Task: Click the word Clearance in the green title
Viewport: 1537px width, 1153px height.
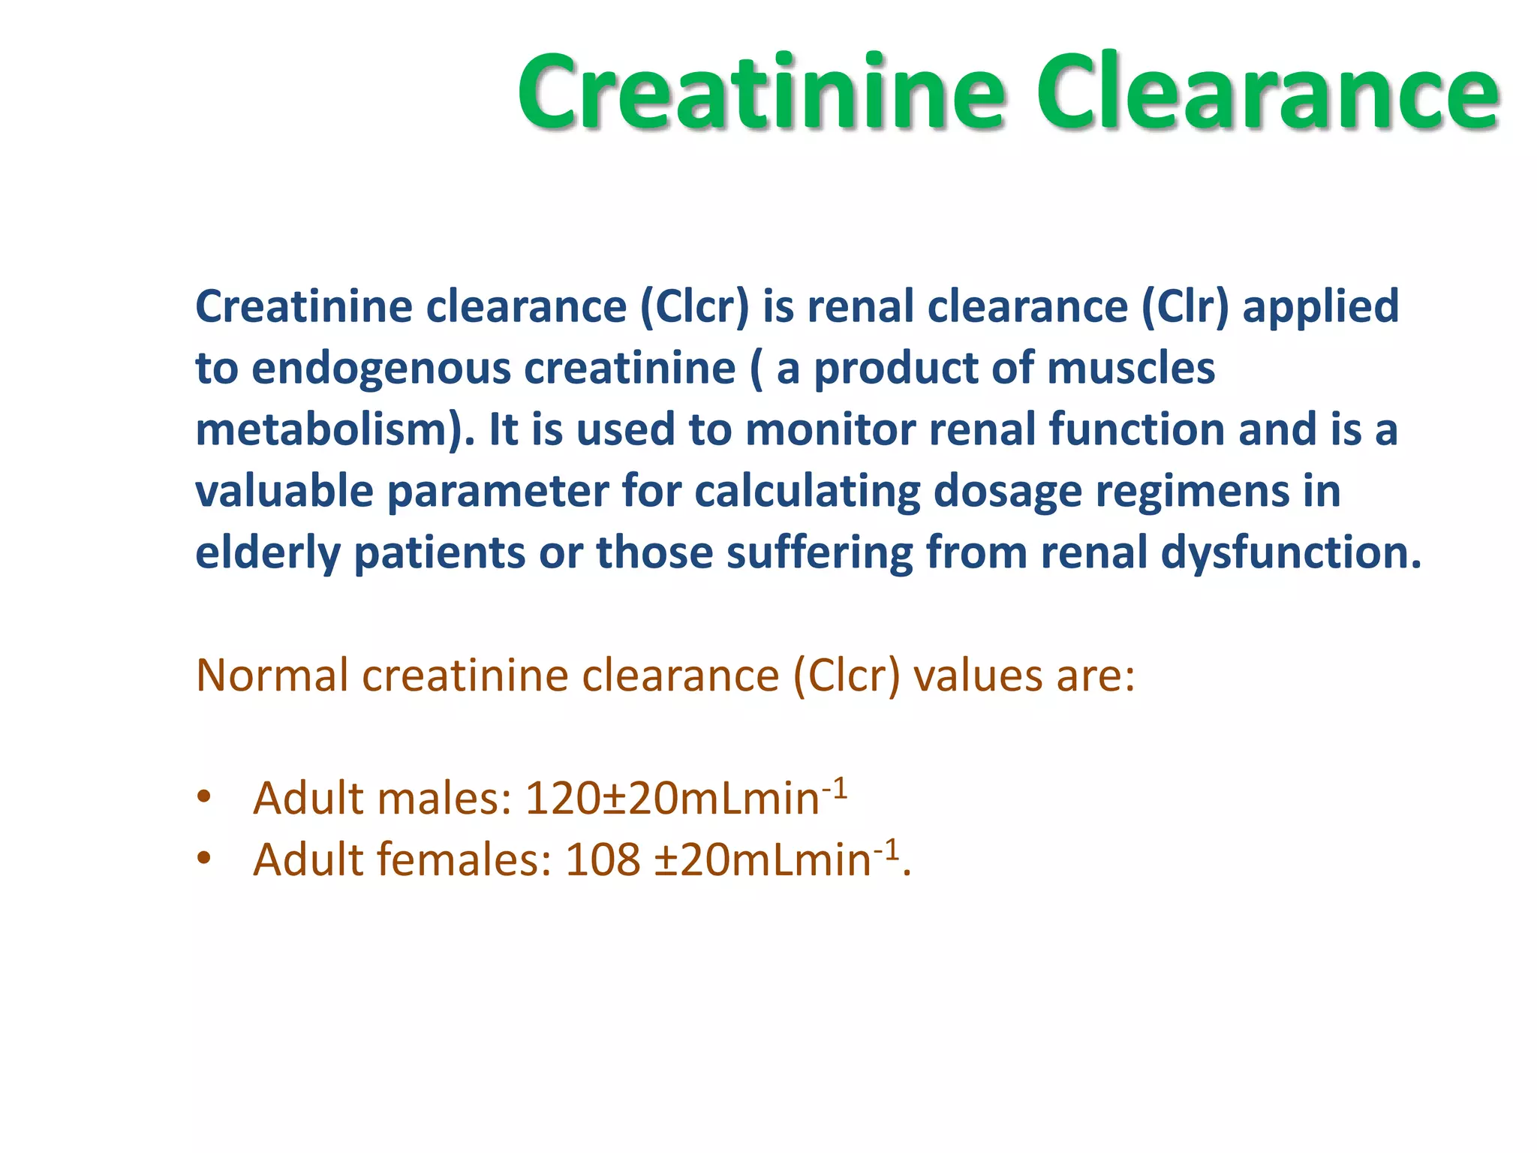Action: click(x=1268, y=93)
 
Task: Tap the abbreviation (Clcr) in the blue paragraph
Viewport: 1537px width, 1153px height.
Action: click(x=694, y=307)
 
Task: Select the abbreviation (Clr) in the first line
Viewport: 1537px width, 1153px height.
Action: click(x=1185, y=307)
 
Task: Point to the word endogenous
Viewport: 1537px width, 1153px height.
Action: click(x=381, y=369)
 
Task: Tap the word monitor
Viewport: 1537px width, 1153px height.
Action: click(x=830, y=430)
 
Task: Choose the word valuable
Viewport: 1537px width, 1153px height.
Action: click(x=284, y=492)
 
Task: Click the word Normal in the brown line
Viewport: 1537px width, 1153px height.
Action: click(x=272, y=676)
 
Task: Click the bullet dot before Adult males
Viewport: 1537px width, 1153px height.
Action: click(x=203, y=798)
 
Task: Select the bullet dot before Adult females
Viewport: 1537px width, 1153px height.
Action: click(x=203, y=859)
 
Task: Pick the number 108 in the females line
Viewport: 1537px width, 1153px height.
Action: click(x=603, y=860)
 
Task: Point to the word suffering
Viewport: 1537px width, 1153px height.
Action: click(x=820, y=554)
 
